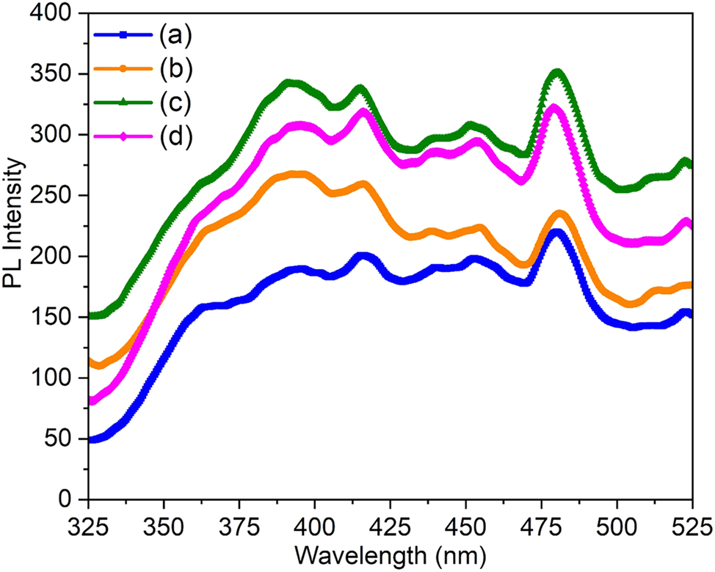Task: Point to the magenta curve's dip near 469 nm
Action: click(521, 180)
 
